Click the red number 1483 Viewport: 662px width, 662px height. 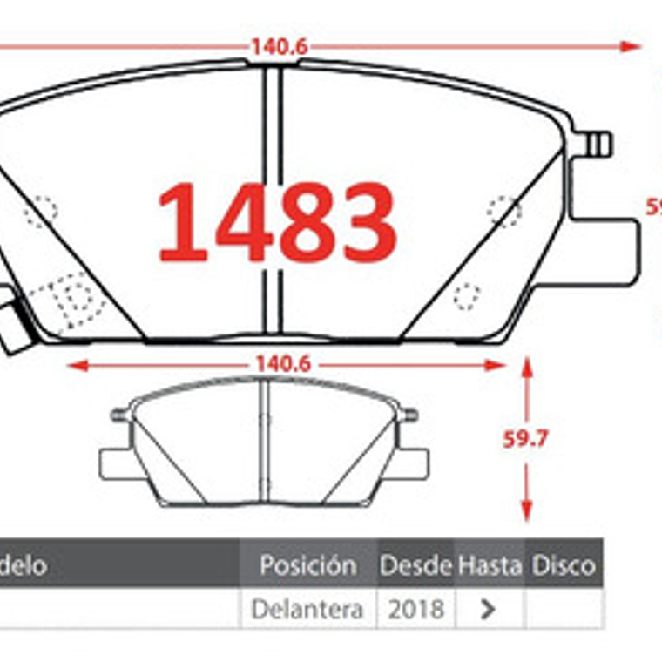pyautogui.click(x=277, y=223)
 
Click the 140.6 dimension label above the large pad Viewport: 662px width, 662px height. pyautogui.click(x=280, y=46)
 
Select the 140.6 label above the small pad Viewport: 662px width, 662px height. pyautogui.click(x=283, y=365)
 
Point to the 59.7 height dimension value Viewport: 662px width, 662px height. pyautogui.click(x=525, y=439)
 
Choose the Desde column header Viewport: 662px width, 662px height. pyautogui.click(x=415, y=566)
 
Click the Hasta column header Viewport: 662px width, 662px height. pyautogui.click(x=490, y=566)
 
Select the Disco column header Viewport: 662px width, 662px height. pyautogui.click(x=564, y=566)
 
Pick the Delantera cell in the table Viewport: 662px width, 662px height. pyautogui.click(x=307, y=609)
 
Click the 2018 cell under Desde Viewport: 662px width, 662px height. pyautogui.click(x=415, y=609)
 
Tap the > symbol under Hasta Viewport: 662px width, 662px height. pyautogui.click(x=489, y=610)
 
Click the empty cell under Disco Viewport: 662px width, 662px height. pyautogui.click(x=564, y=609)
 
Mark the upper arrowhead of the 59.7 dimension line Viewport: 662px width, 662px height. pyautogui.click(x=526, y=364)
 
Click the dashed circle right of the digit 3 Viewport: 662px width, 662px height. pyautogui.click(x=503, y=211)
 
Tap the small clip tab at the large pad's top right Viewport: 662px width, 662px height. pyautogui.click(x=600, y=144)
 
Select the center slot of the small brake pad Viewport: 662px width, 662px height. pyautogui.click(x=266, y=442)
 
